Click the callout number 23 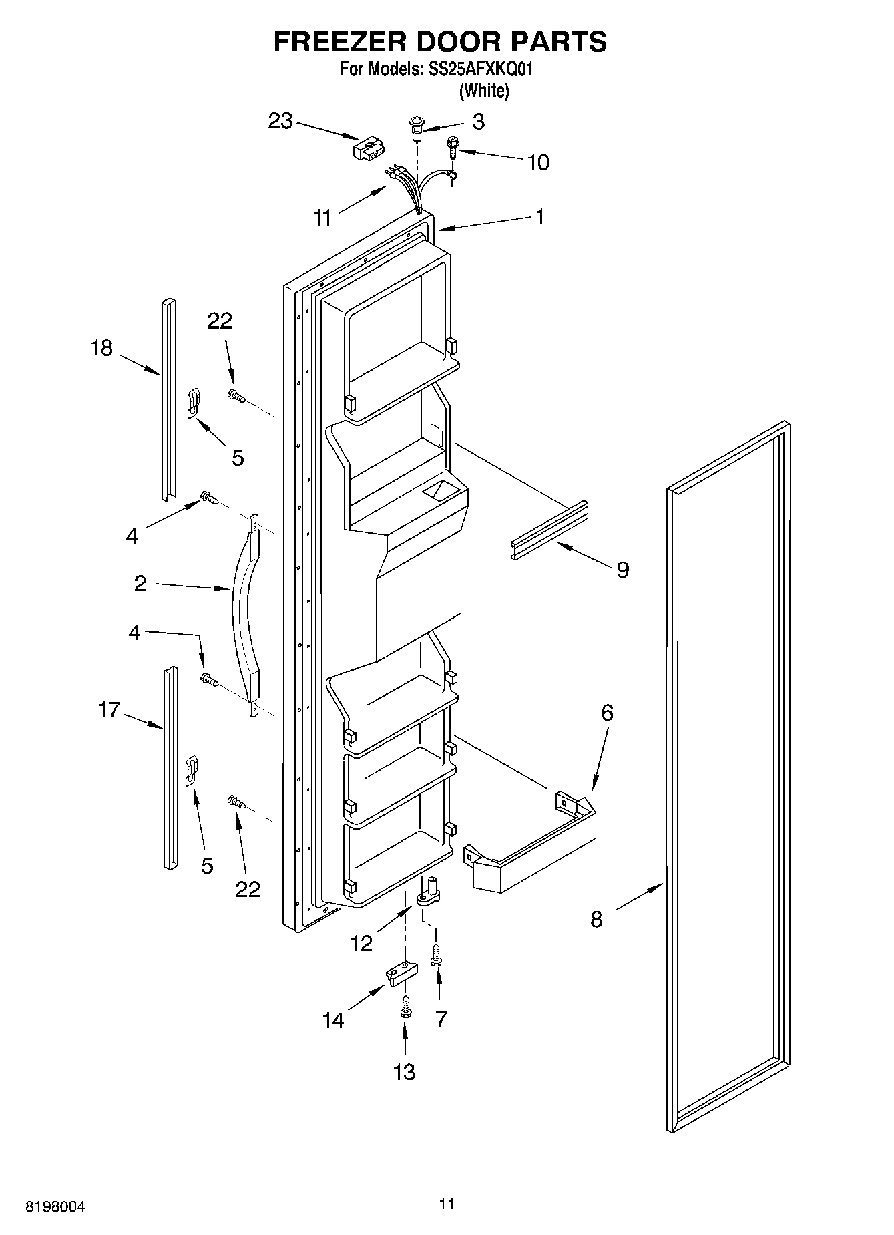tap(280, 122)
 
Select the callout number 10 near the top tap(538, 162)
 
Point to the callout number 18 tap(101, 348)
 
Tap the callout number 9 tap(622, 570)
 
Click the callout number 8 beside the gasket tap(596, 919)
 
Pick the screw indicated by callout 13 tap(405, 1008)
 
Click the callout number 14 tap(333, 1020)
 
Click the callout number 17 tap(108, 710)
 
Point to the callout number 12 tap(361, 943)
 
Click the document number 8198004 tap(56, 1207)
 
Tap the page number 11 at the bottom tap(447, 1204)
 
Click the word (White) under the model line tap(484, 91)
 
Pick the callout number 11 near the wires tap(322, 218)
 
